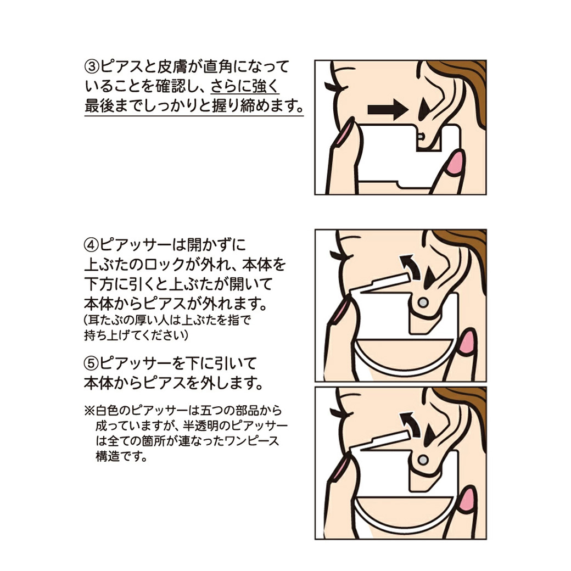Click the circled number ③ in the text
click(x=91, y=67)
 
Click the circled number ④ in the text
click(x=91, y=244)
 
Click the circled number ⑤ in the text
click(x=91, y=363)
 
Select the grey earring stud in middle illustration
click(x=422, y=302)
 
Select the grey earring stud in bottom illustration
click(x=422, y=458)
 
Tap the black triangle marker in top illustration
click(x=424, y=109)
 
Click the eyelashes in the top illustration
click(x=332, y=86)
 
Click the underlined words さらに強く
click(x=245, y=86)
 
